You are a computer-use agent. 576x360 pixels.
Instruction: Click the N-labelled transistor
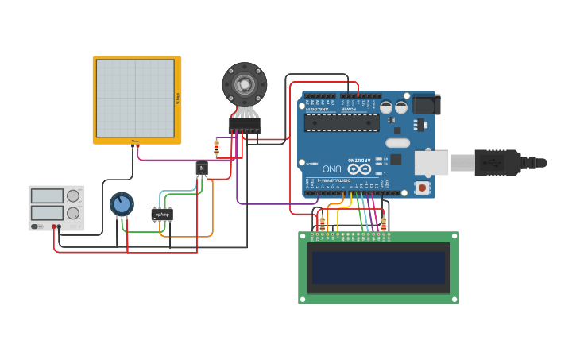[x=202, y=168]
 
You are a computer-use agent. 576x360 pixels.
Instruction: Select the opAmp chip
[x=162, y=214]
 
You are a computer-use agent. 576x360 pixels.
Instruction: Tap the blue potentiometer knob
[x=122, y=204]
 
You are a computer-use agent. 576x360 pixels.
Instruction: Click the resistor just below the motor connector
[x=216, y=147]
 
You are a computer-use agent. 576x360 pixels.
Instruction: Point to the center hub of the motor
[x=245, y=83]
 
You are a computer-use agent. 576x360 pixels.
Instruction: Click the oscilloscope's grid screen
[x=135, y=99]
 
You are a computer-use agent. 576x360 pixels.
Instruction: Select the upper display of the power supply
[x=47, y=195]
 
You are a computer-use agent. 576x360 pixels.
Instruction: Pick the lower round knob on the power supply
[x=73, y=213]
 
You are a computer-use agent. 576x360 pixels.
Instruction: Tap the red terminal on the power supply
[x=55, y=227]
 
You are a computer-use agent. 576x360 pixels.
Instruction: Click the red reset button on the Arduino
[x=422, y=188]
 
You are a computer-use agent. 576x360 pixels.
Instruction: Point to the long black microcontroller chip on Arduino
[x=342, y=122]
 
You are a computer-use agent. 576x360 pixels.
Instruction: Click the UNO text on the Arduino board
[x=332, y=168]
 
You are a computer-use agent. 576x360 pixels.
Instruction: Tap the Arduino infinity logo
[x=359, y=168]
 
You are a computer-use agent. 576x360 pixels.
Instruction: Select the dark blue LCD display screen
[x=378, y=268]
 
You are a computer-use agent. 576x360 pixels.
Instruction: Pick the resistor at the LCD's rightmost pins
[x=384, y=224]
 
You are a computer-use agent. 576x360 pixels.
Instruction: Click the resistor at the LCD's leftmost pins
[x=322, y=223]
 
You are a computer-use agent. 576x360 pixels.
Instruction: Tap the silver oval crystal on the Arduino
[x=396, y=143]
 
